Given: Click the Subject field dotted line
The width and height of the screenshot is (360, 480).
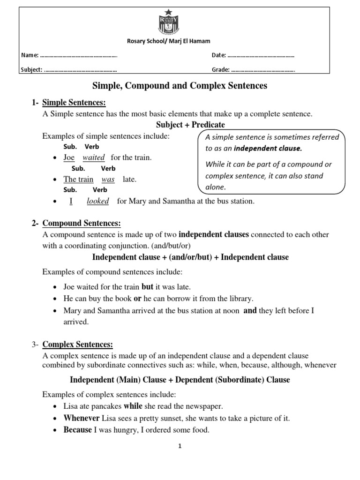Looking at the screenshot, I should [80, 70].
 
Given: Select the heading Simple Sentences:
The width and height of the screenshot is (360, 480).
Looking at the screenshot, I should [74, 103].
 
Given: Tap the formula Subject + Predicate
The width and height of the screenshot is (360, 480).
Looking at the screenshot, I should [190, 125].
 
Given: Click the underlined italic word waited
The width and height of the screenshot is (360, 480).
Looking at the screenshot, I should [94, 157].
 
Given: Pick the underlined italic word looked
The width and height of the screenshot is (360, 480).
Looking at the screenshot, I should [98, 201].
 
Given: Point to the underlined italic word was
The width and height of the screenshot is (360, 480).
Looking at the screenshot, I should [108, 179].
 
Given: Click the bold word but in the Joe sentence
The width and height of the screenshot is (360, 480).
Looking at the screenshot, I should [147, 287].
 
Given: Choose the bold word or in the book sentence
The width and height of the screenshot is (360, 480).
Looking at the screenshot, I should [138, 299].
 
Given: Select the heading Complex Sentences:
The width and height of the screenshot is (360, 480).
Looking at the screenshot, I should [78, 345].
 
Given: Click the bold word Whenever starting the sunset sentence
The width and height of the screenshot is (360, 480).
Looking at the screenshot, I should [82, 418].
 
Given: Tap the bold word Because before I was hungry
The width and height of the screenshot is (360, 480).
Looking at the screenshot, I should [78, 430].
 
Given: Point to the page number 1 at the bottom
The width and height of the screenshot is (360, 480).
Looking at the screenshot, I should [179, 447].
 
